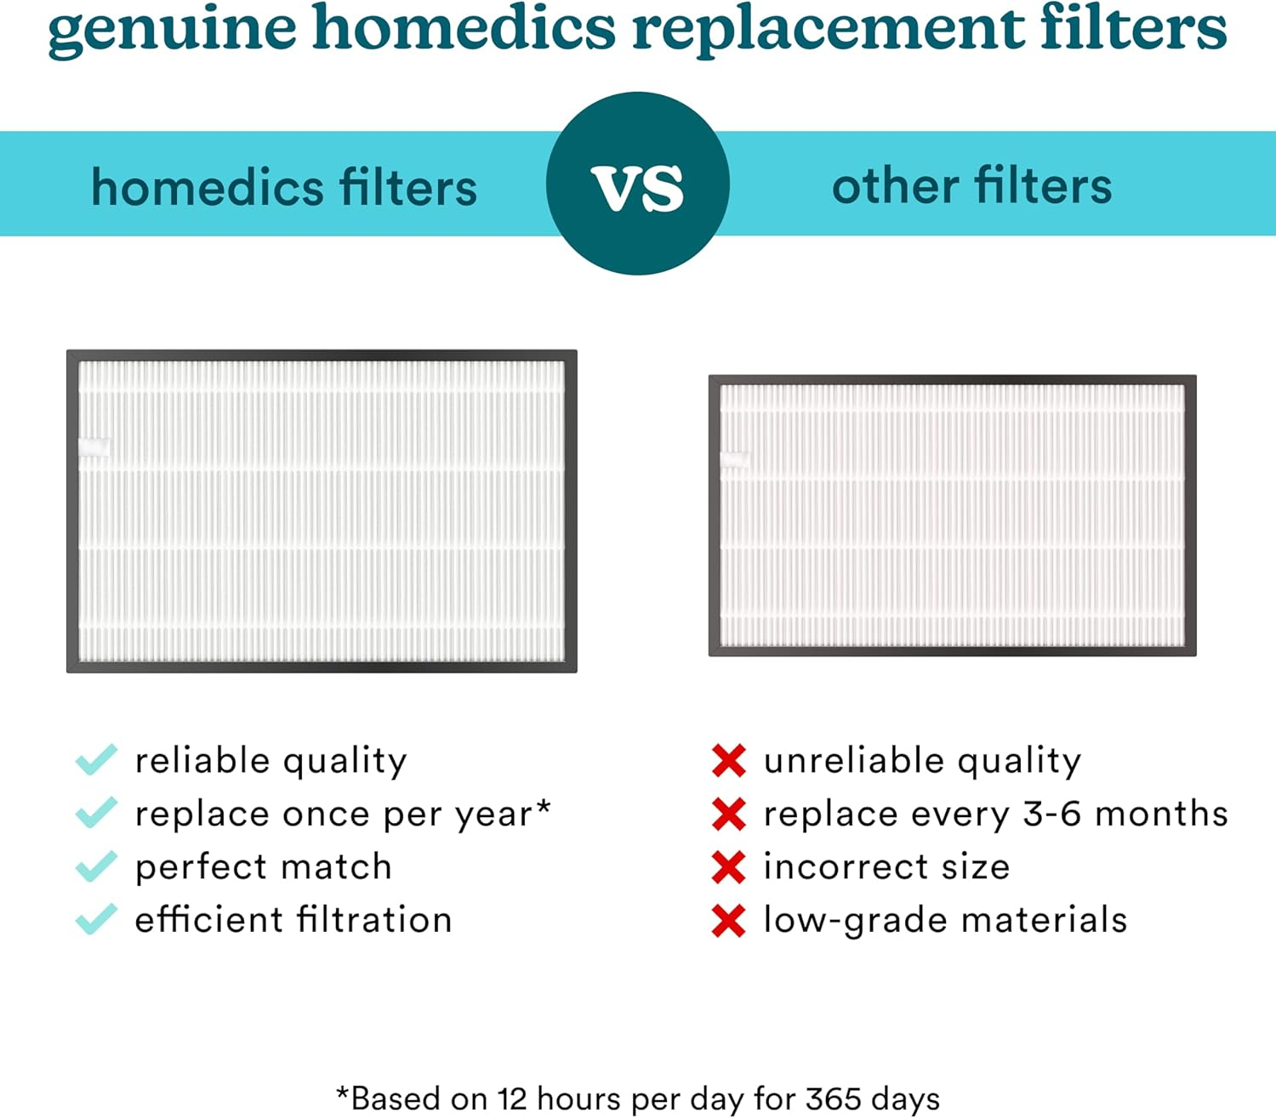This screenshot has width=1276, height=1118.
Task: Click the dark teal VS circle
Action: click(x=638, y=184)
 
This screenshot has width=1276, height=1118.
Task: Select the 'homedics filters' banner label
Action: click(x=284, y=187)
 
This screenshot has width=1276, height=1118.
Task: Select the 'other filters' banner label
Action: click(x=971, y=185)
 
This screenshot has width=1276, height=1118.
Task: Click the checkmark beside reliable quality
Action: click(x=96, y=760)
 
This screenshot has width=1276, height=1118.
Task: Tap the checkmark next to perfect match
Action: click(x=96, y=866)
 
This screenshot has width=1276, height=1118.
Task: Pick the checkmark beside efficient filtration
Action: click(x=96, y=919)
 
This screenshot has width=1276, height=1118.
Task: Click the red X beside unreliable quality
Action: click(x=729, y=761)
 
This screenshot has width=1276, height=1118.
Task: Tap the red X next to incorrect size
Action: click(x=729, y=867)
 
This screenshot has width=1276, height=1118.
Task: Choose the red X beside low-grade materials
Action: click(x=729, y=921)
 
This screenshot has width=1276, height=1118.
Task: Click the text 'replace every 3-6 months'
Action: click(x=995, y=814)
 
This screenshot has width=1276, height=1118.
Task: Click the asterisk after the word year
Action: click(x=543, y=805)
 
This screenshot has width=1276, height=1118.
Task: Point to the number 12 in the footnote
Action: click(x=513, y=1098)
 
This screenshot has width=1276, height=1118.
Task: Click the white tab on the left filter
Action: click(x=94, y=447)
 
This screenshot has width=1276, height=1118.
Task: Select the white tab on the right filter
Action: click(x=735, y=460)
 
